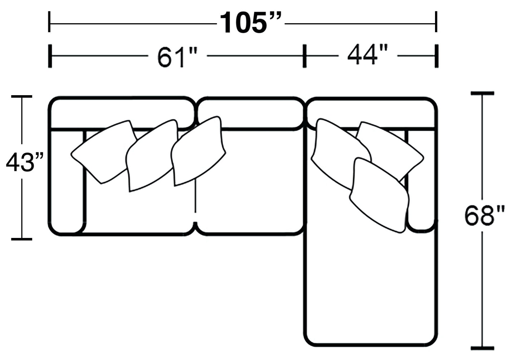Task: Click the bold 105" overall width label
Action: (250, 23)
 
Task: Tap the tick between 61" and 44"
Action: (304, 56)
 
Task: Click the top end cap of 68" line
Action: (482, 93)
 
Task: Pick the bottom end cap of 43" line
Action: (22, 239)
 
